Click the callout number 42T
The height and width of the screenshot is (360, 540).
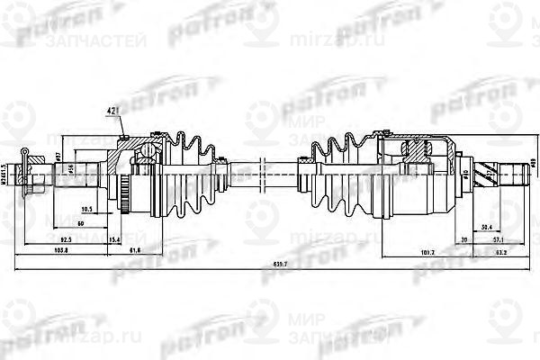point(114,112)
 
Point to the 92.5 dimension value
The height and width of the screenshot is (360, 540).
point(67,242)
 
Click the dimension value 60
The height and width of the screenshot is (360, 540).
point(81,221)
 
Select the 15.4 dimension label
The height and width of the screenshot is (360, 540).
point(114,242)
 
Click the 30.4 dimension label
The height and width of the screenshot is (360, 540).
point(487,227)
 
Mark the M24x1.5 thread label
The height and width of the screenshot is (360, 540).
point(6,177)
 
